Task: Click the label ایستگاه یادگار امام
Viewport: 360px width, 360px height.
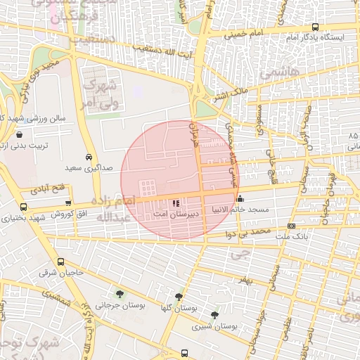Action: [x=318, y=37]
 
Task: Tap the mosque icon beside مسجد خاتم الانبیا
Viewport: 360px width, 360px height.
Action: [x=240, y=198]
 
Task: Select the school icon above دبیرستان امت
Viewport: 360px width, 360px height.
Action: [x=176, y=203]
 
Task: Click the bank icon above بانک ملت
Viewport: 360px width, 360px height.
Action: [x=291, y=226]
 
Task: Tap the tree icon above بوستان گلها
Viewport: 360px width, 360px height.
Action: [x=179, y=297]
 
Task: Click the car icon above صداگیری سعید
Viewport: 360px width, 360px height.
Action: [x=89, y=157]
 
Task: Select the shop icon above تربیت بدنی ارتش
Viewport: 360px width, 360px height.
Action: [x=19, y=134]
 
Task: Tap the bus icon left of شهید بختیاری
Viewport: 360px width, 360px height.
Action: [x=24, y=207]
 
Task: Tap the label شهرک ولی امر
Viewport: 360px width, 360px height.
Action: [x=98, y=93]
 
